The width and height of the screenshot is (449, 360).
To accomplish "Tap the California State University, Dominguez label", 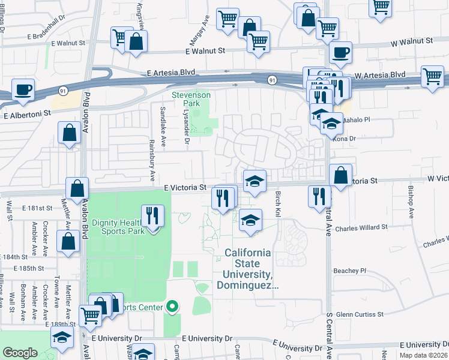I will tap(251, 269).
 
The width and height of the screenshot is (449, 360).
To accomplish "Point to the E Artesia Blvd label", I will tap(171, 72).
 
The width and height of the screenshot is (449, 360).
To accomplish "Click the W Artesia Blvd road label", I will tap(380, 75).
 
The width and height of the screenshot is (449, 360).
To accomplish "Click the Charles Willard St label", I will tap(358, 228).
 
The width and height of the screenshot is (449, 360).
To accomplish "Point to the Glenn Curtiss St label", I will tap(360, 314).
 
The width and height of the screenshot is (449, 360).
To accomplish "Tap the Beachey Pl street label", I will tap(349, 271).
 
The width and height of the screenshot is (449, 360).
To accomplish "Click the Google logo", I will tap(20, 352).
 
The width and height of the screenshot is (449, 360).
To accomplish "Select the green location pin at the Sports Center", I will tap(173, 307).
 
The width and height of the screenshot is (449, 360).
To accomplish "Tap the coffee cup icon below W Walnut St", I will tap(340, 52).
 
